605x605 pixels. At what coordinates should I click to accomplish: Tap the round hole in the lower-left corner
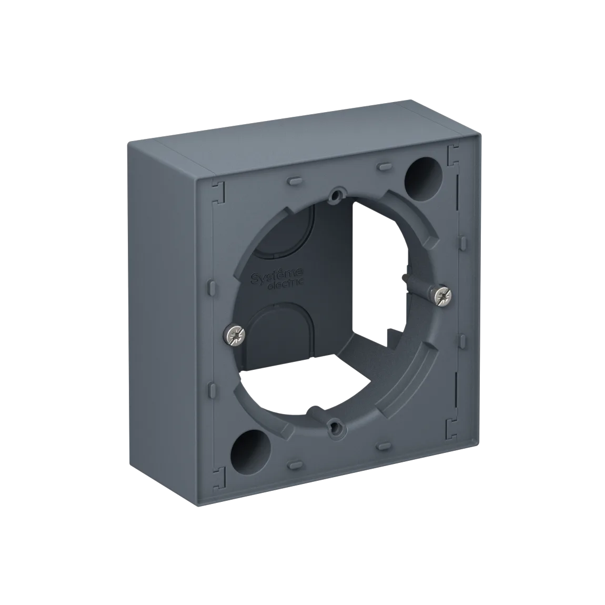(x=251, y=449)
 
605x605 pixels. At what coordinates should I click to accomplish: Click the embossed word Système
(x=277, y=274)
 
